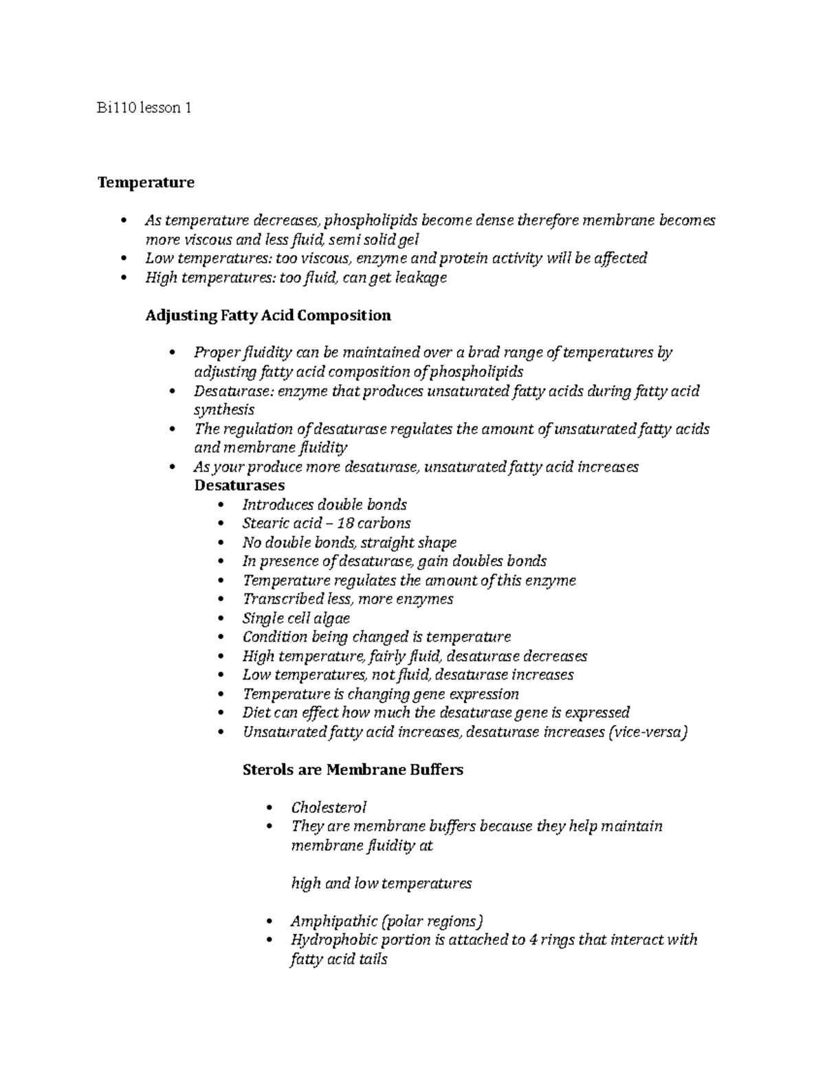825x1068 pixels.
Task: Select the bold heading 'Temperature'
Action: click(x=146, y=182)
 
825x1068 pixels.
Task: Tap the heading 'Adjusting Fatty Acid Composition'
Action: click(x=268, y=315)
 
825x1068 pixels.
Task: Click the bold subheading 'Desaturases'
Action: click(x=239, y=486)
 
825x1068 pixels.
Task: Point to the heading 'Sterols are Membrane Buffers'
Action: click(x=353, y=770)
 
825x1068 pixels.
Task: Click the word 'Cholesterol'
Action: click(x=329, y=807)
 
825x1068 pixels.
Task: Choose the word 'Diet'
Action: click(x=256, y=712)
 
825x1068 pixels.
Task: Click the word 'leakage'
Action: click(x=420, y=278)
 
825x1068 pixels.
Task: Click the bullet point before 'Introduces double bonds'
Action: click(x=220, y=505)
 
